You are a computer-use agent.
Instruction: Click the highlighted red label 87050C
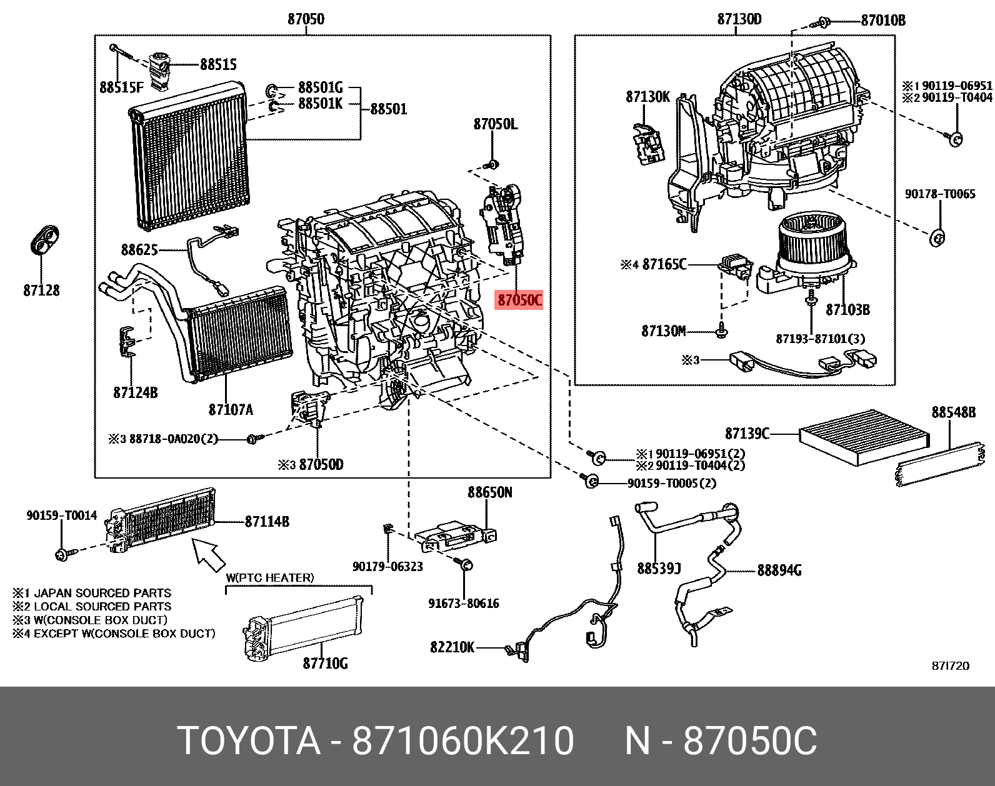click(519, 301)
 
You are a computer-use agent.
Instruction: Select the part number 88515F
click(121, 87)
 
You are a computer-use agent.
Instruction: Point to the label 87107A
click(231, 410)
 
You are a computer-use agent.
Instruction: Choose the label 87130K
click(647, 97)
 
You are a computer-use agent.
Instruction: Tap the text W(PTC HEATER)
click(269, 578)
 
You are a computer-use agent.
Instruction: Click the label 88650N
click(489, 492)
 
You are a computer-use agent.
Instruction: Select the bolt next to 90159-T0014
click(63, 554)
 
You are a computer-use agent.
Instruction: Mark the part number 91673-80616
click(463, 604)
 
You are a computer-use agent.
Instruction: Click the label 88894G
click(779, 570)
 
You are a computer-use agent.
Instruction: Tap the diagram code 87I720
click(950, 666)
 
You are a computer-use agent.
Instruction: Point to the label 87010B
click(882, 21)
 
